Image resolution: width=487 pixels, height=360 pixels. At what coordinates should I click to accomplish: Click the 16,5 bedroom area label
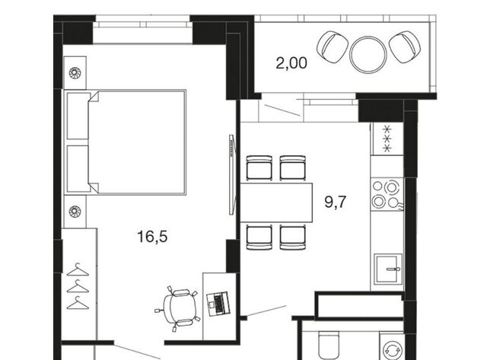(152, 237)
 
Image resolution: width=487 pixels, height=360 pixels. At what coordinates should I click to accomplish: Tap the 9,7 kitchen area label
(335, 202)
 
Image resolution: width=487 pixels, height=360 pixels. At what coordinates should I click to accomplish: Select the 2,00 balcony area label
(291, 63)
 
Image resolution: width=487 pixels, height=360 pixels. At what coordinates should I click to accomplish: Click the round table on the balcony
(368, 55)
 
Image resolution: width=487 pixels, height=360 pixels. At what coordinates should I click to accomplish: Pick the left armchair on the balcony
(332, 47)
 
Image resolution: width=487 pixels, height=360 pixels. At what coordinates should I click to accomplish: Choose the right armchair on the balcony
(405, 46)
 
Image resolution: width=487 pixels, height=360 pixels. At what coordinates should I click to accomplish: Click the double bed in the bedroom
(125, 142)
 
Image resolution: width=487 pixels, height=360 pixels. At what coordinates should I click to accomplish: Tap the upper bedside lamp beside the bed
(75, 73)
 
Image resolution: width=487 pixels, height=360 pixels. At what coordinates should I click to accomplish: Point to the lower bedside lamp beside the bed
(75, 212)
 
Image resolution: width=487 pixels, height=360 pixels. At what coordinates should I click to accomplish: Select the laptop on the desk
(218, 304)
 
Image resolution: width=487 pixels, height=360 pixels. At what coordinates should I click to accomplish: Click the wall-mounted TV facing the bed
(231, 174)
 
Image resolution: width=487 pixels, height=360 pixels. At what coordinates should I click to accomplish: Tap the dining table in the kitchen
(276, 202)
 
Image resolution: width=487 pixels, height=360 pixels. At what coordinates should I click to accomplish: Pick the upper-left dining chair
(259, 168)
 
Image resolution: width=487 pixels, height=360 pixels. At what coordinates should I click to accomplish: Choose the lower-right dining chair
(292, 237)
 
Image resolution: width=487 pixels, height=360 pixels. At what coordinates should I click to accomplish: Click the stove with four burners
(387, 194)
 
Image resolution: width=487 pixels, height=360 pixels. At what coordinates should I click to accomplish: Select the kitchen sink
(388, 269)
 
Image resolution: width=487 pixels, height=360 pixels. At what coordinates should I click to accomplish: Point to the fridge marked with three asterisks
(387, 139)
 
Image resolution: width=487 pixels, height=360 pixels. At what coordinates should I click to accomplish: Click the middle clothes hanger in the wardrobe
(78, 287)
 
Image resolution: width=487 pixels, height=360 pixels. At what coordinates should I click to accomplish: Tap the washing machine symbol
(392, 350)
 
